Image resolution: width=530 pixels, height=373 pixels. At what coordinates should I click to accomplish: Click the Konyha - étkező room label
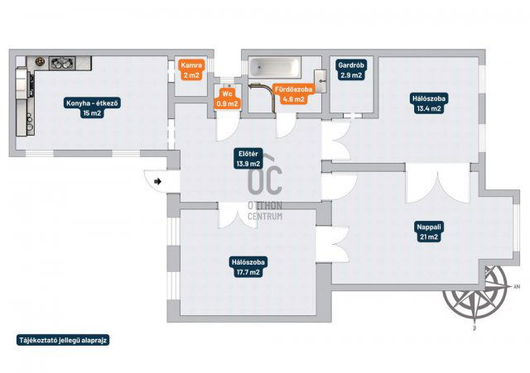pyautogui.click(x=92, y=108)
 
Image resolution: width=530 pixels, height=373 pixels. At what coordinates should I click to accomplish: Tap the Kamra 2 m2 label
pyautogui.click(x=191, y=70)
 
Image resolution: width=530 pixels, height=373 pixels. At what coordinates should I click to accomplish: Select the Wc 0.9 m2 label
pyautogui.click(x=227, y=98)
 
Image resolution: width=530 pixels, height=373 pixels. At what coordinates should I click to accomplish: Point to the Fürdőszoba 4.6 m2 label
pyautogui.click(x=293, y=94)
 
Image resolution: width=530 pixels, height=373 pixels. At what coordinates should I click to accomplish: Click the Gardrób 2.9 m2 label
pyautogui.click(x=351, y=69)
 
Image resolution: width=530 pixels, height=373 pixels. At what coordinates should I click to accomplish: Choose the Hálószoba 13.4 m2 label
pyautogui.click(x=429, y=103)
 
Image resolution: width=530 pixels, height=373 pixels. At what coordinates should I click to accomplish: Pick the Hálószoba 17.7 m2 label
pyautogui.click(x=248, y=267)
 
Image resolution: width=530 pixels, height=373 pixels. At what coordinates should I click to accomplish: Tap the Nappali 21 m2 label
pyautogui.click(x=429, y=232)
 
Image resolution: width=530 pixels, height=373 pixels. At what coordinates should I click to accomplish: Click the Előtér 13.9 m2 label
pyautogui.click(x=248, y=159)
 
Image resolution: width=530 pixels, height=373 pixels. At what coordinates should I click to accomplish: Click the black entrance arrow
pyautogui.click(x=157, y=182)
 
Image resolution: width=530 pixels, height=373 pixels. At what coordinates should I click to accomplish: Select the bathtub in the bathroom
pyautogui.click(x=274, y=66)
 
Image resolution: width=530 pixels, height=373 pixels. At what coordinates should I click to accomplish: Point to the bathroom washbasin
pyautogui.click(x=320, y=81)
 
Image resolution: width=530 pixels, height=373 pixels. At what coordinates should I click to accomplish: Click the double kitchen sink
pyautogui.click(x=62, y=63)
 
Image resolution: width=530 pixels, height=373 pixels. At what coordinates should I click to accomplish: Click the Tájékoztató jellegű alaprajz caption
pyautogui.click(x=63, y=340)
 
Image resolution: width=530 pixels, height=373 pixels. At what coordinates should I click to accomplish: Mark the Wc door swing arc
pyautogui.click(x=228, y=127)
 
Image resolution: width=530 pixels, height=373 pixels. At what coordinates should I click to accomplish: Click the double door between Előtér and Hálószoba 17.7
pyautogui.click(x=238, y=215)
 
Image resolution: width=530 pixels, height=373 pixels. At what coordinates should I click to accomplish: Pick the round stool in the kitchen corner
pyautogui.click(x=41, y=61)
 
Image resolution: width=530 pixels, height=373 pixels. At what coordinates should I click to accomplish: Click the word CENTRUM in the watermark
pyautogui.click(x=265, y=216)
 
